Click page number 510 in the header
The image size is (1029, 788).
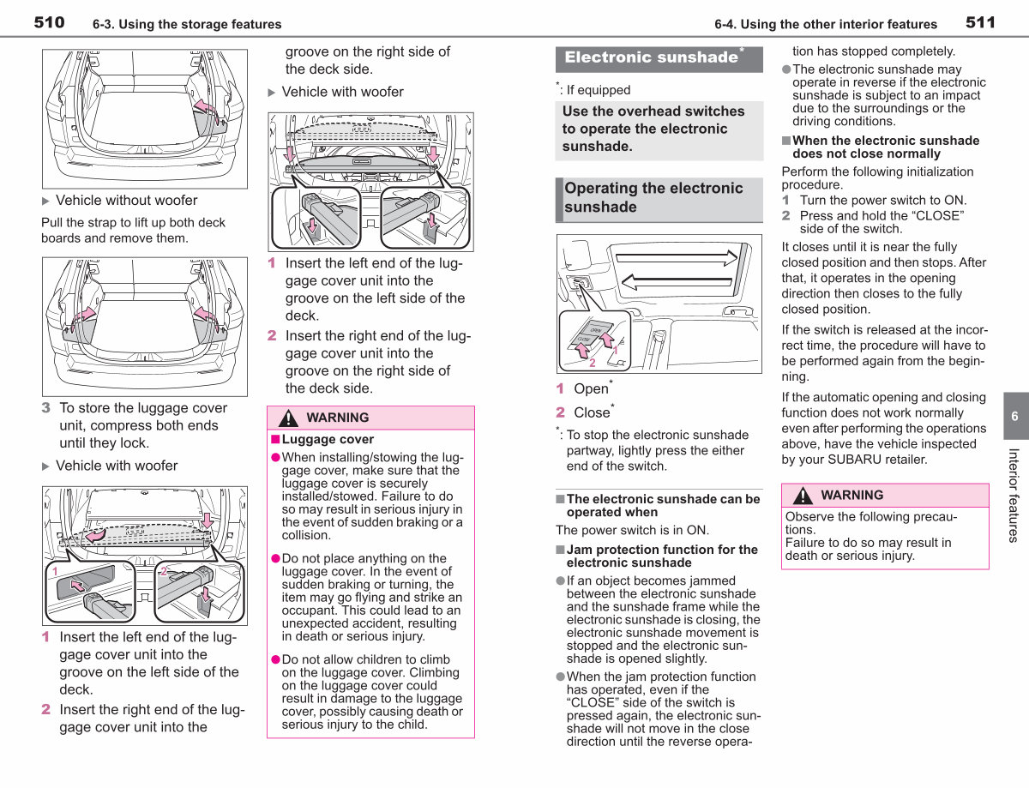pos(49,22)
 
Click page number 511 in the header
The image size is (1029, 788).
pos(980,22)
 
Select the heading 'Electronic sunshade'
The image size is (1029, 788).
pos(651,57)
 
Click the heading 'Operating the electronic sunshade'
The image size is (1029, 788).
pos(653,197)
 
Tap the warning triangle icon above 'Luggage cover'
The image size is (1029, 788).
pos(288,418)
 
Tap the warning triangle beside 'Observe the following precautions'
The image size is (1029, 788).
pos(803,496)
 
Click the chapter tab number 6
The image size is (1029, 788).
pos(1014,417)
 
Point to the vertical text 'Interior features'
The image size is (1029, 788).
pos(1013,495)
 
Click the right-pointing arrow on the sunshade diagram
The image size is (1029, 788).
pos(677,258)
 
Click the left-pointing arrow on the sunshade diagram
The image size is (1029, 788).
pos(677,283)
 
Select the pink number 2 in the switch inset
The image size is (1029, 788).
pos(592,363)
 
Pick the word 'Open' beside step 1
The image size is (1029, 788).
pos(591,389)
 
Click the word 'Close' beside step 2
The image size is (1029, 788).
pos(592,412)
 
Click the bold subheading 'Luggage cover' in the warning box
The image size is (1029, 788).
pos(328,439)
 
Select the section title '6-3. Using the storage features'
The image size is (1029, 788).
pos(187,24)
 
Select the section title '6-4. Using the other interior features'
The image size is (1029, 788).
pos(826,24)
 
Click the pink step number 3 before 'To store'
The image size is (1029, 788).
pos(45,408)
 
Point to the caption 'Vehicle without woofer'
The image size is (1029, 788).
pos(126,200)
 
